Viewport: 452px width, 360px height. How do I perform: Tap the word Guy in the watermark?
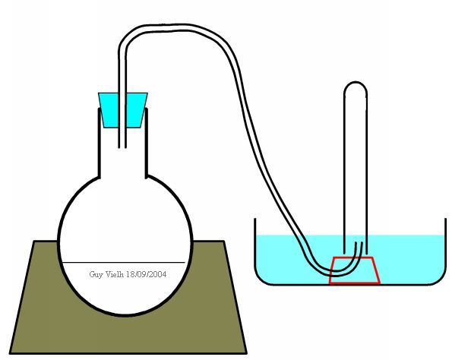tap(96, 274)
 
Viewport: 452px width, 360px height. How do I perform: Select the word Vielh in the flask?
tap(115, 274)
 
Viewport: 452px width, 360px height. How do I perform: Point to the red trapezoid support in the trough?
tap(354, 270)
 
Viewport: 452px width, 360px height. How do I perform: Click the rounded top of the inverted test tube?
tap(356, 83)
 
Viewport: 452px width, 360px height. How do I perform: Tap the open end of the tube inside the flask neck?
tap(122, 147)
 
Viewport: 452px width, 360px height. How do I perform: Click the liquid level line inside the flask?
tap(123, 262)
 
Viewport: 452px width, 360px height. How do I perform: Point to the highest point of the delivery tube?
tap(179, 25)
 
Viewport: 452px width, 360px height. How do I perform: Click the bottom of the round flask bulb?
tap(125, 314)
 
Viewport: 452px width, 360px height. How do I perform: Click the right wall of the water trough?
tap(445, 248)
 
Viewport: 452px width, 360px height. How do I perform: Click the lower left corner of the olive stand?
tap(11, 353)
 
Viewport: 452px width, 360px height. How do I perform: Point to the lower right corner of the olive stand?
tap(246, 353)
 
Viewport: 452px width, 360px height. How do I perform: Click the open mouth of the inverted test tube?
tap(356, 253)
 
